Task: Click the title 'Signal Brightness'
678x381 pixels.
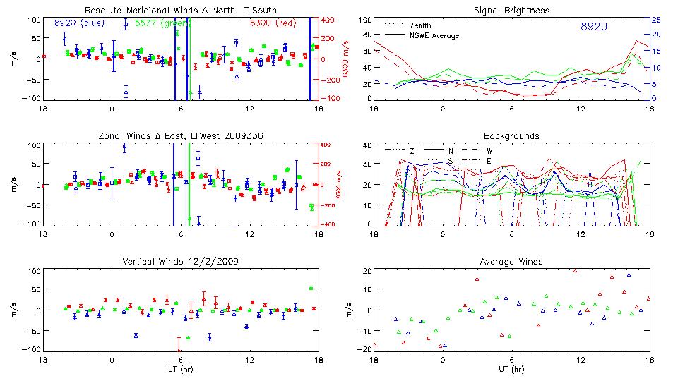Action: [511, 11]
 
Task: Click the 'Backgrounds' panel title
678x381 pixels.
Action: [511, 135]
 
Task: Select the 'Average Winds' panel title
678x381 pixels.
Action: [511, 262]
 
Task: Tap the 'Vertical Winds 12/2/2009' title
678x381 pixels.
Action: [181, 262]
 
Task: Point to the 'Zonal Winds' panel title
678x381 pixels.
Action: [181, 135]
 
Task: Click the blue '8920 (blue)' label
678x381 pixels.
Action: [78, 23]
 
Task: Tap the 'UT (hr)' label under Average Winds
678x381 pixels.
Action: [511, 369]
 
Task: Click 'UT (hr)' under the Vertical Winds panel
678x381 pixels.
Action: [181, 369]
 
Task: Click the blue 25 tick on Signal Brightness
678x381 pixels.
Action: [655, 20]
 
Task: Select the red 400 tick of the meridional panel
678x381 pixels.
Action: [329, 20]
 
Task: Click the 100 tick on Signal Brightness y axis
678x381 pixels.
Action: [364, 20]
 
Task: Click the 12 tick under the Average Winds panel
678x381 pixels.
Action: [581, 360]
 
